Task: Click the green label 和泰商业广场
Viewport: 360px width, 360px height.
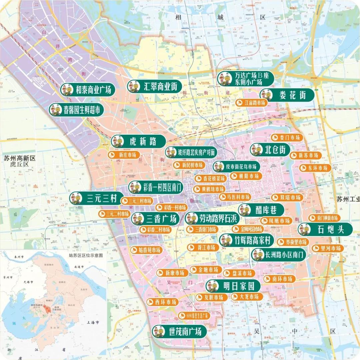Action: [x=88, y=90]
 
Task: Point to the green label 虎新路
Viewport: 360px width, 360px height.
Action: [x=138, y=141]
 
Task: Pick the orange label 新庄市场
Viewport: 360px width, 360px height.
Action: [x=124, y=155]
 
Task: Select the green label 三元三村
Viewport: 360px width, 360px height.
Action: [x=97, y=198]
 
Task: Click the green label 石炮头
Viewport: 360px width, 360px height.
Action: [x=325, y=229]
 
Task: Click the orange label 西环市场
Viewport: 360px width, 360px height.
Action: [x=162, y=302]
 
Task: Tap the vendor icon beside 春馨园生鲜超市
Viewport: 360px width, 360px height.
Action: [x=56, y=110]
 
